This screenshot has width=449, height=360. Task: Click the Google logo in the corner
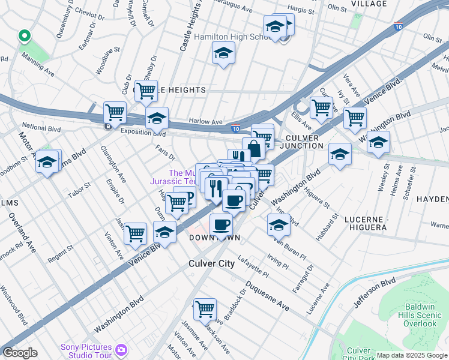tap(20, 353)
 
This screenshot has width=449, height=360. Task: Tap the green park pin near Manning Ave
tap(24, 36)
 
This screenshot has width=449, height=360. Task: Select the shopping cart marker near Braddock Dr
tap(205, 308)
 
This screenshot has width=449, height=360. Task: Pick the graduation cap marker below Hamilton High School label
tap(223, 54)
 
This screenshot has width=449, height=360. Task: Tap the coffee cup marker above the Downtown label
tap(221, 224)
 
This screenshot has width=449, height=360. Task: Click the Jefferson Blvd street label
tap(374, 293)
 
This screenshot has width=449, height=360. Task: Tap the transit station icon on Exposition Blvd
tap(107, 126)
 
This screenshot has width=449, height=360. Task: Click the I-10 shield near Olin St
tap(399, 26)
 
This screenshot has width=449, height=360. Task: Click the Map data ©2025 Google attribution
tap(412, 355)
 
